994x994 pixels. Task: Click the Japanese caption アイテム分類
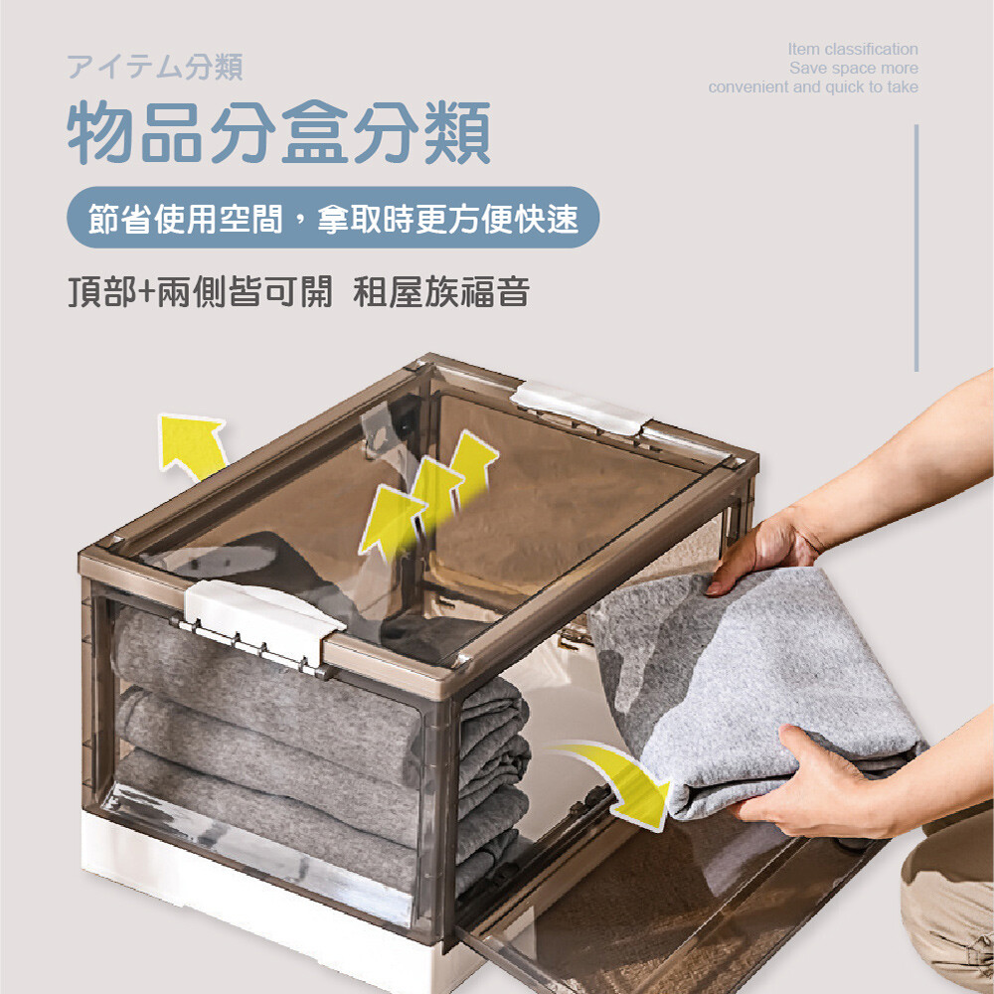coord(155,67)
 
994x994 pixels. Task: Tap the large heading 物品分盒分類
coord(279,132)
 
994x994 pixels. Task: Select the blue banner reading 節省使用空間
coord(333,218)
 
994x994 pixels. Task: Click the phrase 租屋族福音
coord(441,292)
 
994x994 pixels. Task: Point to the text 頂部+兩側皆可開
coord(201,292)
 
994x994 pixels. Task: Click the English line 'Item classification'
coord(853,49)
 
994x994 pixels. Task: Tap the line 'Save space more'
coord(853,68)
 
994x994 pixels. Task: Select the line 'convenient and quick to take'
coord(813,86)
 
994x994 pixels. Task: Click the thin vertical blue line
coord(916,248)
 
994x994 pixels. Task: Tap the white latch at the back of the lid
coord(580,408)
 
